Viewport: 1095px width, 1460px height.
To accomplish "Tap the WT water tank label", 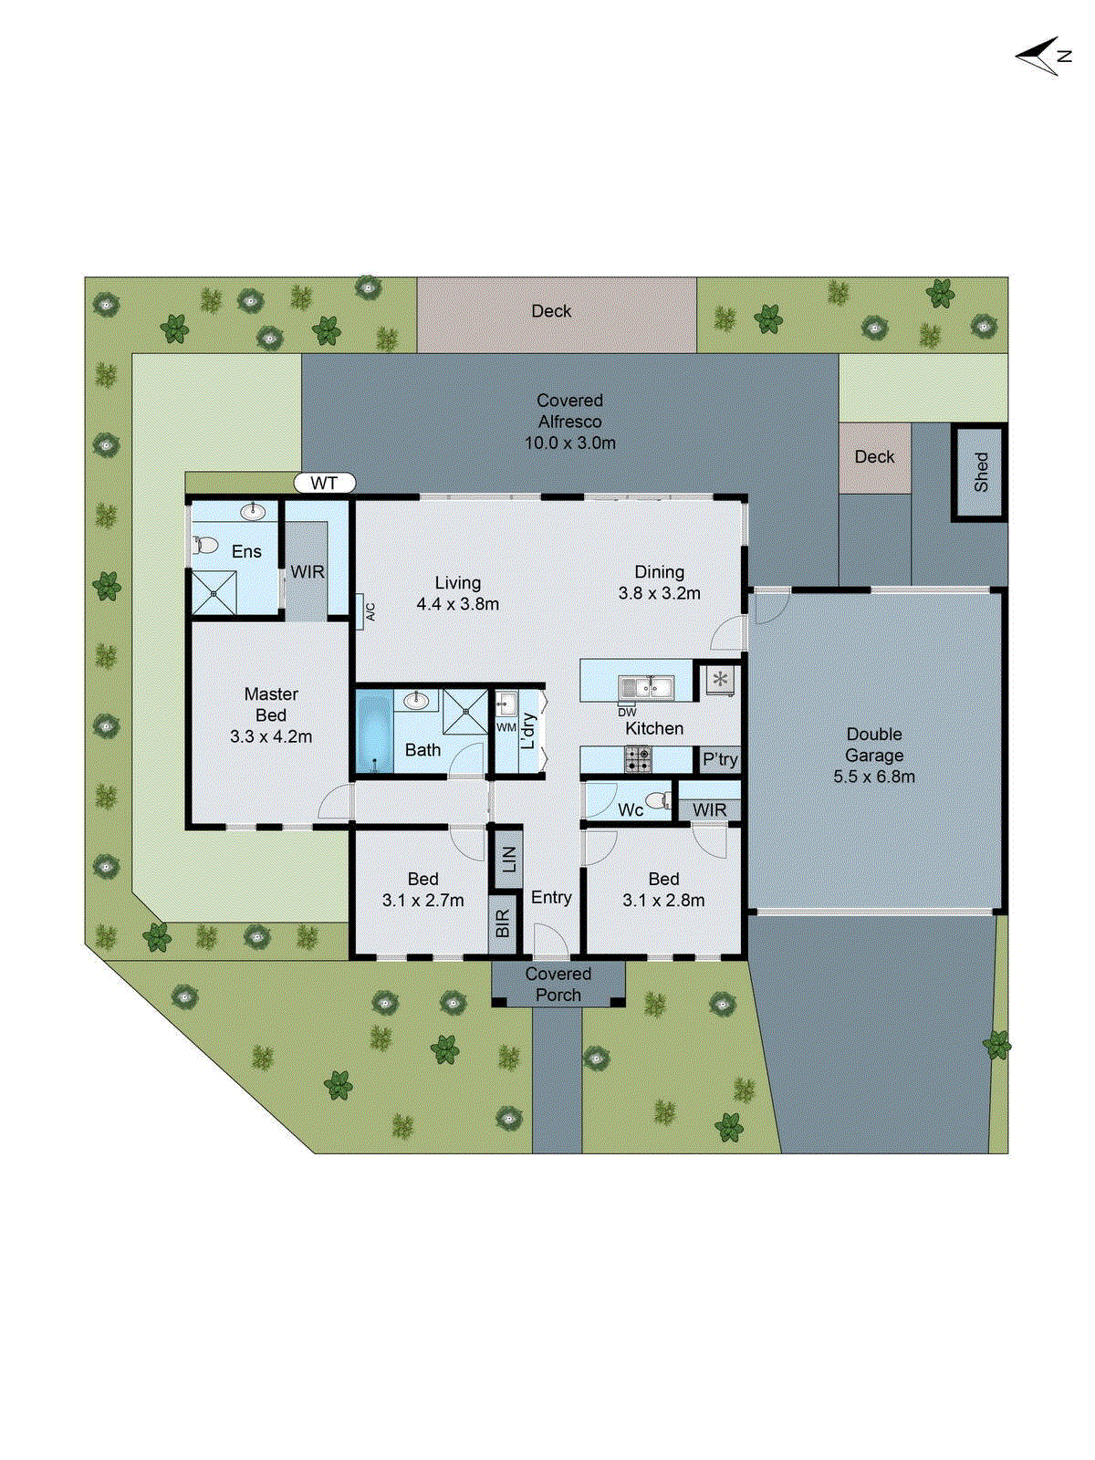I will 324,484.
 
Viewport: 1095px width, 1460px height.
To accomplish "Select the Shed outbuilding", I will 980,472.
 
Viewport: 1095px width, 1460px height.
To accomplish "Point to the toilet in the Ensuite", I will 205,546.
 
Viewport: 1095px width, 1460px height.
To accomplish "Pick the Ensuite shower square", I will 214,593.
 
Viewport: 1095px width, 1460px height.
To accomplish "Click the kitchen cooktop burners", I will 638,758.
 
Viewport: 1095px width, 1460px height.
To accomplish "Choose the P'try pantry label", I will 720,760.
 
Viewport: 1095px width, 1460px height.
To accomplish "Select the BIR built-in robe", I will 503,924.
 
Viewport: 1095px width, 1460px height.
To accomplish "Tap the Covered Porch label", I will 558,985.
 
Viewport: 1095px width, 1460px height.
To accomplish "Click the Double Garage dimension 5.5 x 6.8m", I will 874,777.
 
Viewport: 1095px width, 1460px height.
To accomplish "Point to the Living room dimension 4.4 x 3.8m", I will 458,604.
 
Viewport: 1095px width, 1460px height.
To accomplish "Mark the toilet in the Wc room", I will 659,801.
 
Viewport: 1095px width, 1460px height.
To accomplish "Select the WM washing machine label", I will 506,727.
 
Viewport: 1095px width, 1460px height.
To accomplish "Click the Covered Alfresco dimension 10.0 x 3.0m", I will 570,443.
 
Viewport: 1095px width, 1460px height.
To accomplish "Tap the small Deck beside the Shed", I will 874,457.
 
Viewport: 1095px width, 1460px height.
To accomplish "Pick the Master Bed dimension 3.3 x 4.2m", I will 271,737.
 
